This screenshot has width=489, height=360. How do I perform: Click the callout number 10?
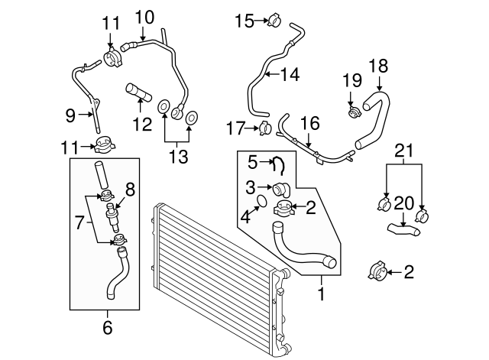click(144, 16)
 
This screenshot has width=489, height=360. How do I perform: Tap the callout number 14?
click(290, 75)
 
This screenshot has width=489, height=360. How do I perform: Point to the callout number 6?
click(107, 328)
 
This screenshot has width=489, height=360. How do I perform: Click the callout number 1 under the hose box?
click(322, 291)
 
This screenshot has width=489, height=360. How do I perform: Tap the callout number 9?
click(70, 116)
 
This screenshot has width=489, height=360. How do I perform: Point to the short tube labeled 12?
click(138, 92)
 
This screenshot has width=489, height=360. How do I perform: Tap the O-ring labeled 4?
click(261, 201)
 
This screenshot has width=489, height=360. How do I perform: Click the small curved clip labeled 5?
click(280, 163)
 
